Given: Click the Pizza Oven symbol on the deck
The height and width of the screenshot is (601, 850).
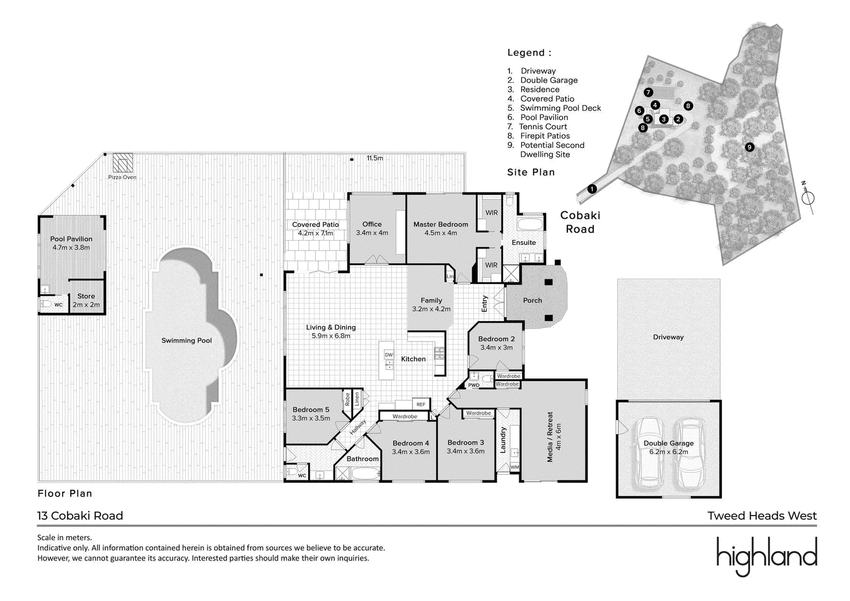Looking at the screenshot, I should pos(123,163).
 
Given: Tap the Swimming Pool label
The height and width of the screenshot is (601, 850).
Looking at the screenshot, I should pos(186,340).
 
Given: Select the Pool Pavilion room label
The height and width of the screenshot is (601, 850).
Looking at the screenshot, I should pos(71,239).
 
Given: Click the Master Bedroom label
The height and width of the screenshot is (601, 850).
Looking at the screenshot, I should pos(440,225).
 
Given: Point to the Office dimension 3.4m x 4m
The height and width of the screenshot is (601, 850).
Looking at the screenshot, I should pos(372,233).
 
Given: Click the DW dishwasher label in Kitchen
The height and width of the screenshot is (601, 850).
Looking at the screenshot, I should pos(389,355).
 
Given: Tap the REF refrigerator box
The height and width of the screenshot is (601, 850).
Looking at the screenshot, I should pos(421,405).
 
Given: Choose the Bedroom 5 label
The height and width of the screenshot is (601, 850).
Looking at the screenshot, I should pos(311,410).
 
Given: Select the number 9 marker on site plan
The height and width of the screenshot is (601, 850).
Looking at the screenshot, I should pos(750,147).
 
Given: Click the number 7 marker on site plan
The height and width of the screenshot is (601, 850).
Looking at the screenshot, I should pos(648,92).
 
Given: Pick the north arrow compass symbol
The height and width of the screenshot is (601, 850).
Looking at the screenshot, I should pos(807,198).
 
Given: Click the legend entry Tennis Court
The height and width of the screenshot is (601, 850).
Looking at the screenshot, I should pos(542,126).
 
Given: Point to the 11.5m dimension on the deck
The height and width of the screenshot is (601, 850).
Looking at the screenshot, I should pos(375,158).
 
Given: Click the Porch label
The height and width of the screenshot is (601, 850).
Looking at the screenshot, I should pos(532,300).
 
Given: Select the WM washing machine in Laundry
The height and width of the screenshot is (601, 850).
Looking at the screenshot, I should pos(514,467).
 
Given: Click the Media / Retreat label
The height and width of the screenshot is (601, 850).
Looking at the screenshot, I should pos(550,437).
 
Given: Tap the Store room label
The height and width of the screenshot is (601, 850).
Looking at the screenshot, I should pos(86,296).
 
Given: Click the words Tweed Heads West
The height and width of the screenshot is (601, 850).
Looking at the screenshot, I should pos(762,516).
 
